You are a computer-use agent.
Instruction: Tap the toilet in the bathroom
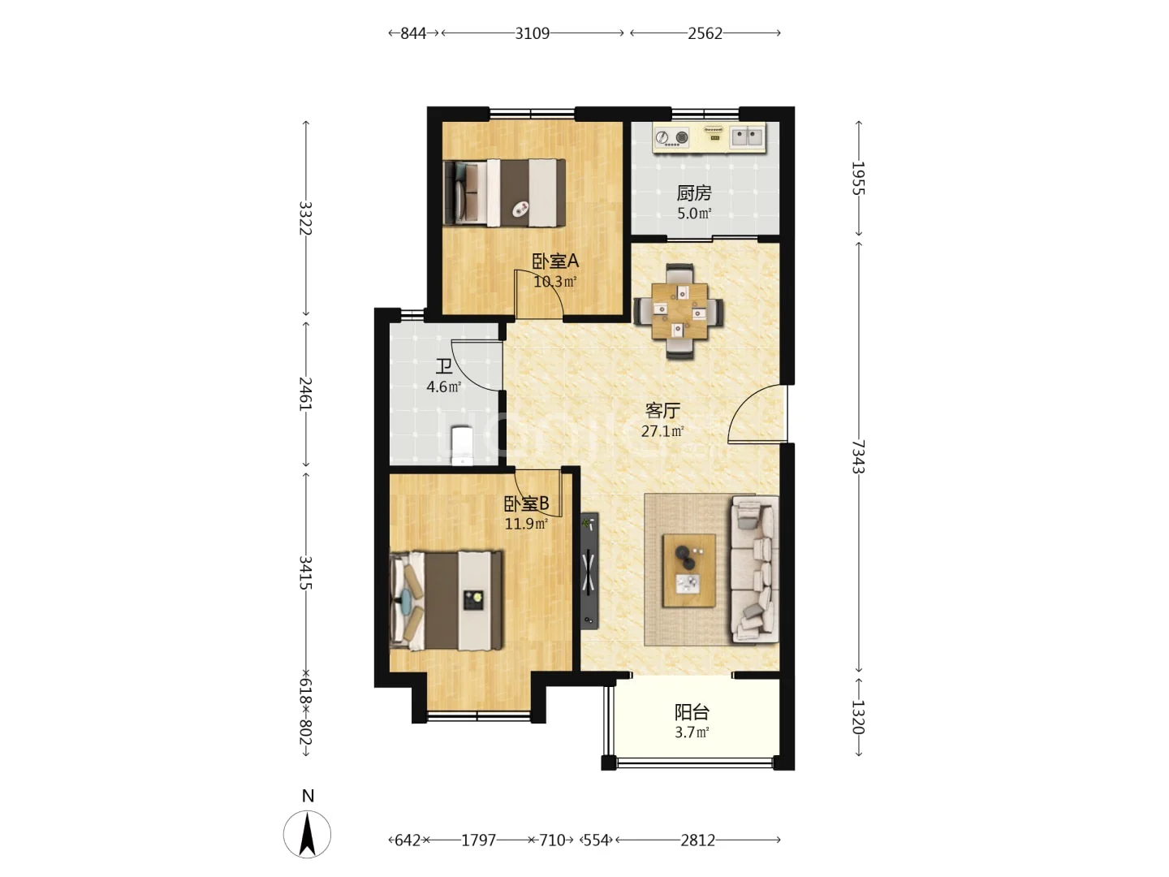(x=462, y=445)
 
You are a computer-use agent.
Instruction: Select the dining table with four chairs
(x=679, y=311)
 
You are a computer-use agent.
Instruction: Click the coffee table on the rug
(x=688, y=570)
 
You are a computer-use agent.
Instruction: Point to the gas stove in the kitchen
(x=671, y=137)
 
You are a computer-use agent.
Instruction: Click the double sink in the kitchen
(x=747, y=136)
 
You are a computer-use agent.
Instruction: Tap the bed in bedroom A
(x=504, y=192)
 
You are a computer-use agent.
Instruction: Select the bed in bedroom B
(x=446, y=601)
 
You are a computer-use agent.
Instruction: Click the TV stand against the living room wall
(x=589, y=571)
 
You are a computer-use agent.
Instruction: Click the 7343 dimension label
(x=858, y=456)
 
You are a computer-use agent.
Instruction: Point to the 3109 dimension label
(x=532, y=33)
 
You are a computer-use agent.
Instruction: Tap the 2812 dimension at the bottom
(x=697, y=840)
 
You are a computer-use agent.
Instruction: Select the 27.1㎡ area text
(x=662, y=430)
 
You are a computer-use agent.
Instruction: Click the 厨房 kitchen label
(x=694, y=192)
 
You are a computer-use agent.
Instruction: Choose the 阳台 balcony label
(x=692, y=712)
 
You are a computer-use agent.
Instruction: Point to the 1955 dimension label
(x=858, y=179)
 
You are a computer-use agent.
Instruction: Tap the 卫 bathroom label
(x=443, y=366)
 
